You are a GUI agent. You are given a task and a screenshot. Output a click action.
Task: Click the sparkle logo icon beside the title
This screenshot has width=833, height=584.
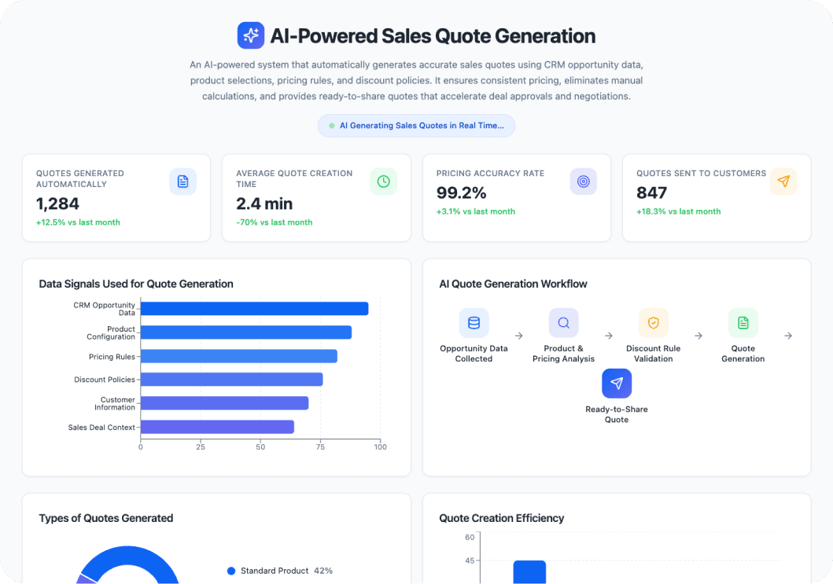coord(251,35)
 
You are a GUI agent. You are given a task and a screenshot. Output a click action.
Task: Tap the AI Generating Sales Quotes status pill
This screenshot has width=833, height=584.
coord(416,126)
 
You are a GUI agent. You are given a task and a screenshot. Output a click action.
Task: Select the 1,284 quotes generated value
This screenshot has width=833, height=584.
coord(58,204)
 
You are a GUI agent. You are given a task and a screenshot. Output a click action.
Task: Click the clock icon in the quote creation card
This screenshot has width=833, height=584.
coord(383,182)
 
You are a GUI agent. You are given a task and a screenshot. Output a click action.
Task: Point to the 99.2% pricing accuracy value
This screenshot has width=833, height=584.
coord(462,193)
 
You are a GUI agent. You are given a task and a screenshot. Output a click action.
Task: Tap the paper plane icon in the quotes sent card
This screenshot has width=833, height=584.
coord(783,182)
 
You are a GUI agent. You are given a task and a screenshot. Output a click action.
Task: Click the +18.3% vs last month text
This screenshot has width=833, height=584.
coord(678,211)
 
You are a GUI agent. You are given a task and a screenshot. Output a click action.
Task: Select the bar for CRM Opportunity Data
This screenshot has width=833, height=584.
coord(254,309)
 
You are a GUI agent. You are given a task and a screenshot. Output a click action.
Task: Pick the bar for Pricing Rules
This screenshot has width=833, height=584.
coord(238,356)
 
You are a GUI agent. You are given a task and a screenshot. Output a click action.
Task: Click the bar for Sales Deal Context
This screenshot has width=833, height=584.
coord(217,427)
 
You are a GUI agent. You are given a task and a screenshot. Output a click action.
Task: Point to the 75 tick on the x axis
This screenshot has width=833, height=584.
coord(320,447)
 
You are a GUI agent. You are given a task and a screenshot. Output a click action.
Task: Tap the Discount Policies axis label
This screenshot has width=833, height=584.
coord(104,380)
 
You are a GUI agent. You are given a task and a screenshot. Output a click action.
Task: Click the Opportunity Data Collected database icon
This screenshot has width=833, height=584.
coord(474,323)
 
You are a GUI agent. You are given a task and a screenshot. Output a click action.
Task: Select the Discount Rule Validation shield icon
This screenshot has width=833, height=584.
coord(653,323)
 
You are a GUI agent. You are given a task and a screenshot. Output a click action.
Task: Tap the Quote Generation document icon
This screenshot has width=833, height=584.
coord(743,323)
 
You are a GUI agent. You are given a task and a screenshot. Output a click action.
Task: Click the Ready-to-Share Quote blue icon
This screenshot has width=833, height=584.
coord(617,384)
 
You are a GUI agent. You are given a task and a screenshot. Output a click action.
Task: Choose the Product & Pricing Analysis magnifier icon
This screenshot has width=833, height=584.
coord(563,323)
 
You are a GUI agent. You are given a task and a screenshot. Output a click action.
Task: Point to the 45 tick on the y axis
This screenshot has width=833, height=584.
coord(470,560)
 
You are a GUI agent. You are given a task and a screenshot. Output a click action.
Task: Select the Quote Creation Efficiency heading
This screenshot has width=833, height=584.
coord(501,518)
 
